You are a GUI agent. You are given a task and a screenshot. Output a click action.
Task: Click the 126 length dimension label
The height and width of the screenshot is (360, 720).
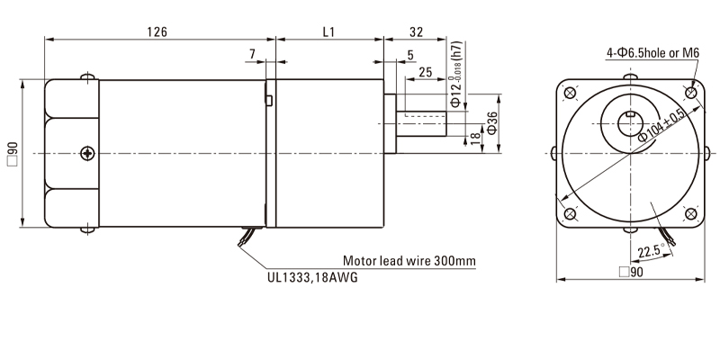coord(158,31)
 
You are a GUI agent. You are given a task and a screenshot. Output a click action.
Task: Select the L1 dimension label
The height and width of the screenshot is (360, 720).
coord(328,31)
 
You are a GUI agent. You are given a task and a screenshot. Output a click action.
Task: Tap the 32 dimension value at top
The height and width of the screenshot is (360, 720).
coord(416,31)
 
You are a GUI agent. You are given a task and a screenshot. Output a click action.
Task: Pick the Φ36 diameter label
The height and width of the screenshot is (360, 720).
coord(492,124)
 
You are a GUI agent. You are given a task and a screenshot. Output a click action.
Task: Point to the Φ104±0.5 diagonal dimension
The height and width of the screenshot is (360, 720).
coord(661,126)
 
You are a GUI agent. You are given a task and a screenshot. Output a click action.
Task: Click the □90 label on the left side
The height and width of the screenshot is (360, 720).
coord(12,153)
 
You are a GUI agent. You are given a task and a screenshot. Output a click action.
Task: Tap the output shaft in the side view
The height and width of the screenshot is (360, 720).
coord(423,123)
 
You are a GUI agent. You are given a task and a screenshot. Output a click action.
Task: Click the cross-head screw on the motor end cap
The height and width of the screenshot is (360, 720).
coord(86,152)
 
